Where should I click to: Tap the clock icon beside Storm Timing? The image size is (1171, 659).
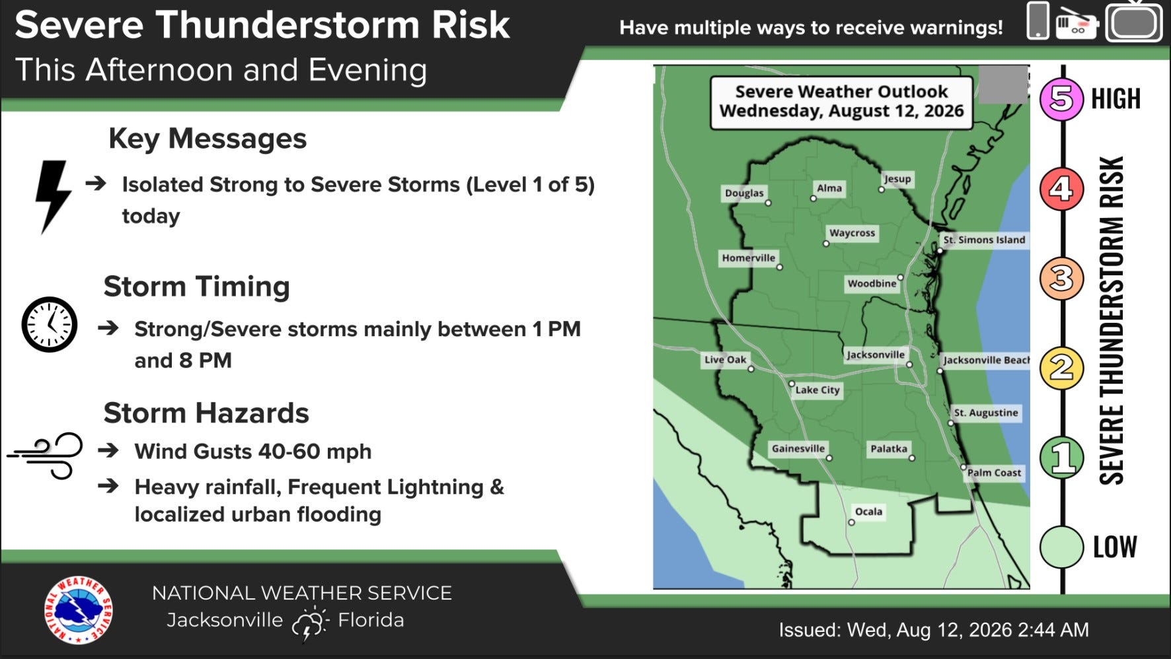50,324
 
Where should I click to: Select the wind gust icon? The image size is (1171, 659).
45,455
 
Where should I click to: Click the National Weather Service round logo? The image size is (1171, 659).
79,609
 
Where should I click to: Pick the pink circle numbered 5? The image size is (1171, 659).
1061,99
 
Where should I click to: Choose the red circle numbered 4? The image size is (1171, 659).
1061,189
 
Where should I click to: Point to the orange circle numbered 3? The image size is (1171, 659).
1061,278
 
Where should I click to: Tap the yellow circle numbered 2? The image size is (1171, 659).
1061,368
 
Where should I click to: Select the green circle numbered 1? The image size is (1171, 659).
1061,457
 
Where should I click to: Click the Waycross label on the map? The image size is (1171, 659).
852,233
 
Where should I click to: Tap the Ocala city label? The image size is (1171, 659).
868,512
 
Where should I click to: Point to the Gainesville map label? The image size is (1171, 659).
798,449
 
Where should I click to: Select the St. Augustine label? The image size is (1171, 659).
986,413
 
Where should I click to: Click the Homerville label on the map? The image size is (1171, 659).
748,258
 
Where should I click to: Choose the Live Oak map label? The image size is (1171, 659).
725,360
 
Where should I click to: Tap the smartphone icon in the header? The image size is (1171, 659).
1038,20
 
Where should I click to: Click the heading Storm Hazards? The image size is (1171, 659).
206,413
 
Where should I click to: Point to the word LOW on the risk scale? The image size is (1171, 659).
1115,547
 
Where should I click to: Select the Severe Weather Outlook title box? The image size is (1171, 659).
841,102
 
